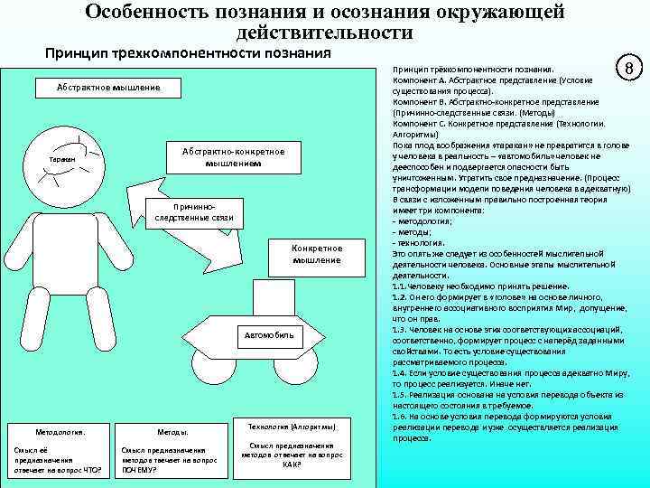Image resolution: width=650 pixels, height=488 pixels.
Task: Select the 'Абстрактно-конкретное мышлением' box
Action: coord(232,157)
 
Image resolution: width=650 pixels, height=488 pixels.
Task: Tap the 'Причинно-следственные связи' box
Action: coord(194,211)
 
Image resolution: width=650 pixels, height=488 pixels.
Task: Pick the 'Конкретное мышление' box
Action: coord(317,254)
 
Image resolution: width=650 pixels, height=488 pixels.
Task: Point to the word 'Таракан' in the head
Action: coord(63,158)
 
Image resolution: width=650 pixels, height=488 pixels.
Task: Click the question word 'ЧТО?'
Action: coord(90,470)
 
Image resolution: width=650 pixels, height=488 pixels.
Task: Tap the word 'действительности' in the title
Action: coord(324,33)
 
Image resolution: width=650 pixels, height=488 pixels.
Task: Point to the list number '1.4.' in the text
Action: coord(400,372)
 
